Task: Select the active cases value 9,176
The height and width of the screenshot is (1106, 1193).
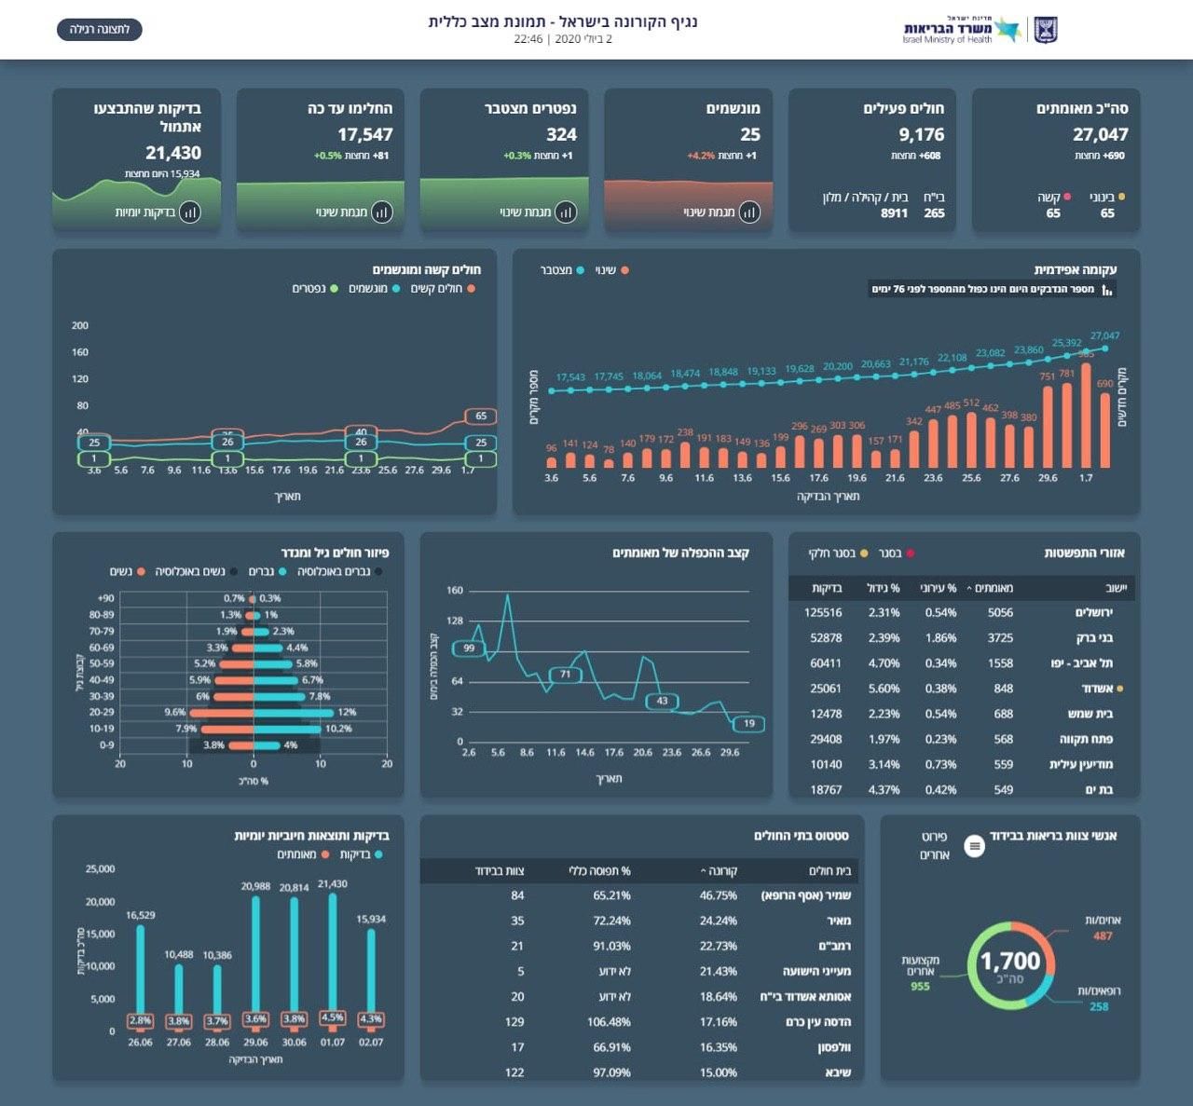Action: click(x=921, y=135)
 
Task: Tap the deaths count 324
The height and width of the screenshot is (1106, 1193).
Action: click(x=561, y=135)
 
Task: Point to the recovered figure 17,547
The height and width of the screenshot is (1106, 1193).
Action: click(x=364, y=135)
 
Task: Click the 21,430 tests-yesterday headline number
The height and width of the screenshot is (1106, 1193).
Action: click(x=173, y=153)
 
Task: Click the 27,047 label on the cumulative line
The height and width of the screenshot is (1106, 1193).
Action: click(x=1104, y=335)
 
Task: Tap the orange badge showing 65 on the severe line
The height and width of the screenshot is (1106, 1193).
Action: click(x=481, y=416)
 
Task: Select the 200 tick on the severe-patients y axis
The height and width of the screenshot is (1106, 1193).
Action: click(x=80, y=325)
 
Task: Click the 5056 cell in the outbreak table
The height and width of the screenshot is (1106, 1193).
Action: click(x=1000, y=613)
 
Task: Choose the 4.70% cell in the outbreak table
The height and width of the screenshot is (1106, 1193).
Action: click(x=884, y=663)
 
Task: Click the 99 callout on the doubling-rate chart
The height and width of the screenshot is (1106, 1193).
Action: click(x=469, y=649)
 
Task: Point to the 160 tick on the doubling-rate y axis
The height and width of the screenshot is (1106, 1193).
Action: click(x=455, y=591)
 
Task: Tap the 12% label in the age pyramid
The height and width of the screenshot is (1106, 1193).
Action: click(x=347, y=713)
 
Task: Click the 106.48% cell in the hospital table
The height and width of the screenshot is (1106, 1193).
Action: click(x=609, y=1022)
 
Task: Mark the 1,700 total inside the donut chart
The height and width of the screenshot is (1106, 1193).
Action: click(x=1010, y=961)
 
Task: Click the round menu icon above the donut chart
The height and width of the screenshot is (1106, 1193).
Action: click(x=974, y=846)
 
